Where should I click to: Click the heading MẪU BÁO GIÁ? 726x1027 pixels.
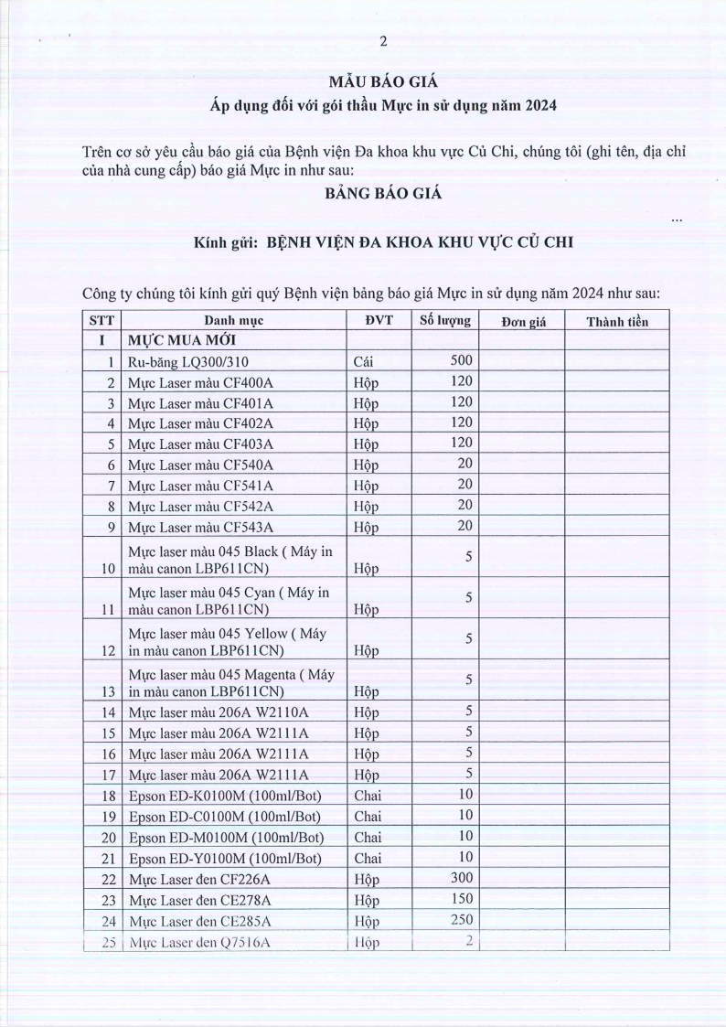pyautogui.click(x=383, y=83)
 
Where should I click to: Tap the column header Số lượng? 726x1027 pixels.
pyautogui.click(x=445, y=320)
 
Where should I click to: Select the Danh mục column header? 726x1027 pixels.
pyautogui.click(x=234, y=321)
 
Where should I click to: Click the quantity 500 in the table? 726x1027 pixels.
pyautogui.click(x=459, y=361)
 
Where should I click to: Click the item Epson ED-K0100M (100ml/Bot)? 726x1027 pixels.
pyautogui.click(x=225, y=796)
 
